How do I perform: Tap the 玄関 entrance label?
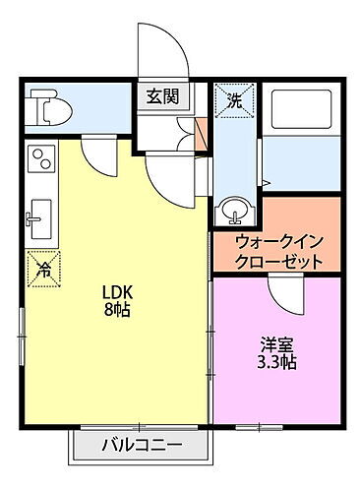point(162,96)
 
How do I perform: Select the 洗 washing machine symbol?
point(234,100)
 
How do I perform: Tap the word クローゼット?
point(279,263)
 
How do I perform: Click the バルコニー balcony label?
point(141,446)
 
